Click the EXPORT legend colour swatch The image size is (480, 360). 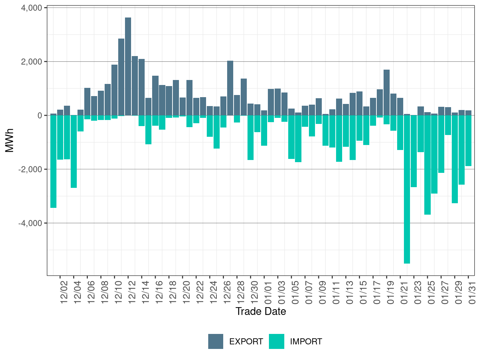pos(216,341)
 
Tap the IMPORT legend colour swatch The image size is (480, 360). pos(276,341)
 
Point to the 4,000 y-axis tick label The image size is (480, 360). pos(32,8)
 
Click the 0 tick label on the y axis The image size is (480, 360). pos(40,115)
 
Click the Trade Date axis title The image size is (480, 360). pos(261,311)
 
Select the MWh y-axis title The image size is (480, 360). pos(10,140)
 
